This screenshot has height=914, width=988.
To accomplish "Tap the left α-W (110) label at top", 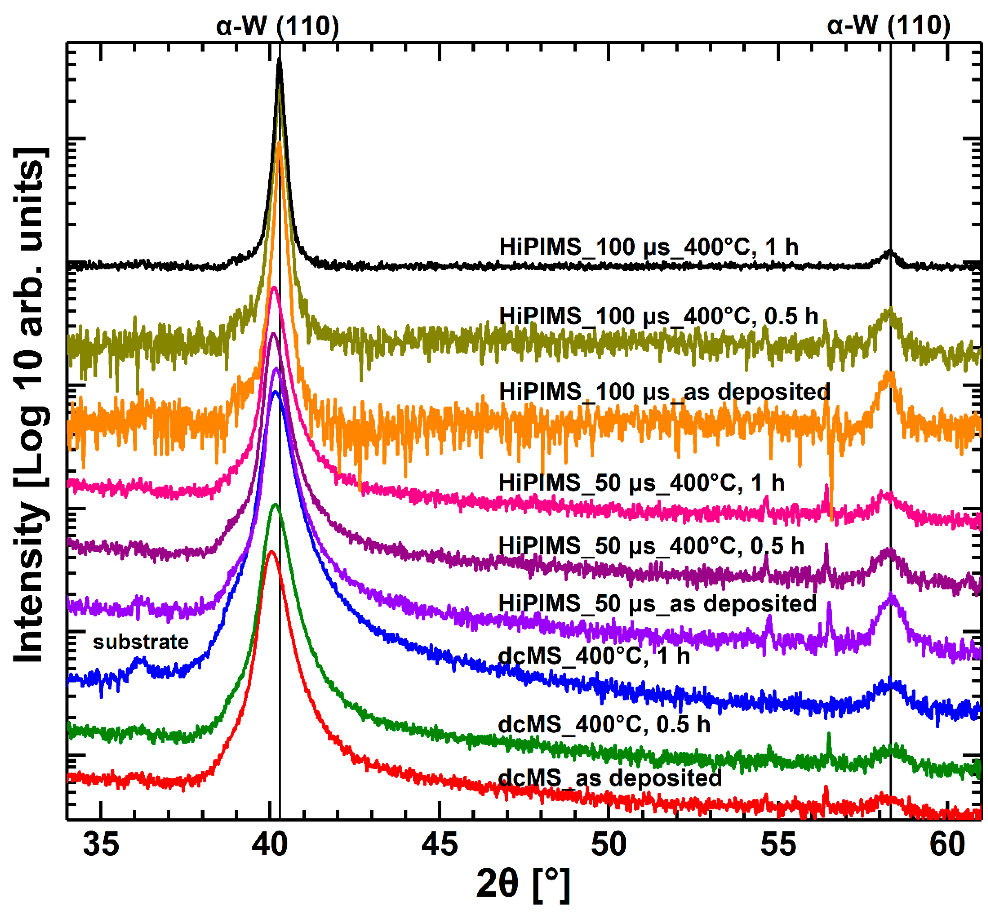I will point(277,26).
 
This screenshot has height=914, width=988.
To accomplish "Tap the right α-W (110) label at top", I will point(888,26).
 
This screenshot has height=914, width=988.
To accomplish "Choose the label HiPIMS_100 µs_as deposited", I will point(664,392).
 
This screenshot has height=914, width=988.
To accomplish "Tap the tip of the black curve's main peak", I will point(279,59).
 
